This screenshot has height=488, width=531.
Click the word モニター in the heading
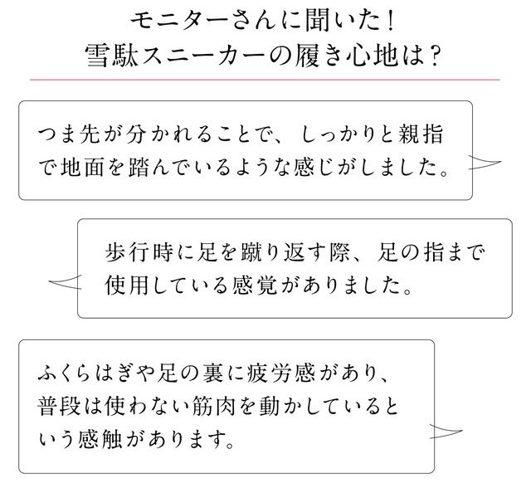pos(175,17)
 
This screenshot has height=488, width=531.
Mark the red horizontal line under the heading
pos(265,81)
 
